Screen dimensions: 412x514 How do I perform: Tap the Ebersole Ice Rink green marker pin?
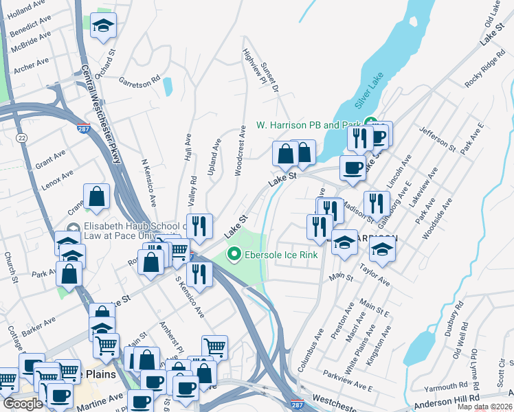[x=234, y=255]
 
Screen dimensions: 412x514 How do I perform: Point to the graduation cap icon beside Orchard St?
[x=103, y=27]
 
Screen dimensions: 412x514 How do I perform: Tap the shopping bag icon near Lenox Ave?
[x=98, y=196]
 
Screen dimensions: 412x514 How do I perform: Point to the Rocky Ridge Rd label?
[x=480, y=71]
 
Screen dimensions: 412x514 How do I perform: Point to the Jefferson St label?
[x=438, y=138]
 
